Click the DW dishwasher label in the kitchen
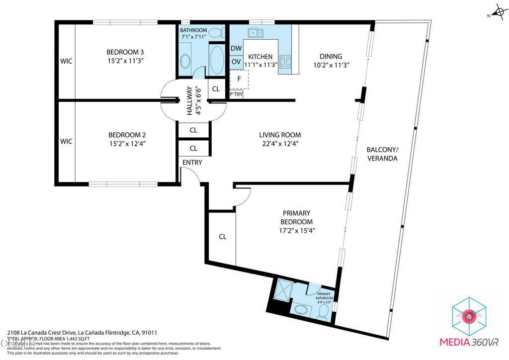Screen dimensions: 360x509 coord(236,48)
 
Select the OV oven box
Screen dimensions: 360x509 coord(236,62)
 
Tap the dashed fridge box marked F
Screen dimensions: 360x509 coord(240,79)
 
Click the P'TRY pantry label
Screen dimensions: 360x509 coord(236,94)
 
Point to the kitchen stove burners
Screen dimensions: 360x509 coord(286,62)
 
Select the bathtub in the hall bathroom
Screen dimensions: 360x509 coord(217,60)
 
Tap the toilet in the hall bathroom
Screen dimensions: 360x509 coord(215,33)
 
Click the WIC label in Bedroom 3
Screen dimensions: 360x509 coord(66,61)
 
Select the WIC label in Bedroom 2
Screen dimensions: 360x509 coord(66,142)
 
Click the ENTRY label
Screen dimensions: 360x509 coord(192,163)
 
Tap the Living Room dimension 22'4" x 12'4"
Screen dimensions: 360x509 coord(280,144)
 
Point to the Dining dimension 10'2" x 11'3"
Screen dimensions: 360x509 coord(331,65)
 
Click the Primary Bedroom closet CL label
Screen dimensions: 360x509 coord(223,237)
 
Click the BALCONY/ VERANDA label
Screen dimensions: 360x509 coord(382,154)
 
